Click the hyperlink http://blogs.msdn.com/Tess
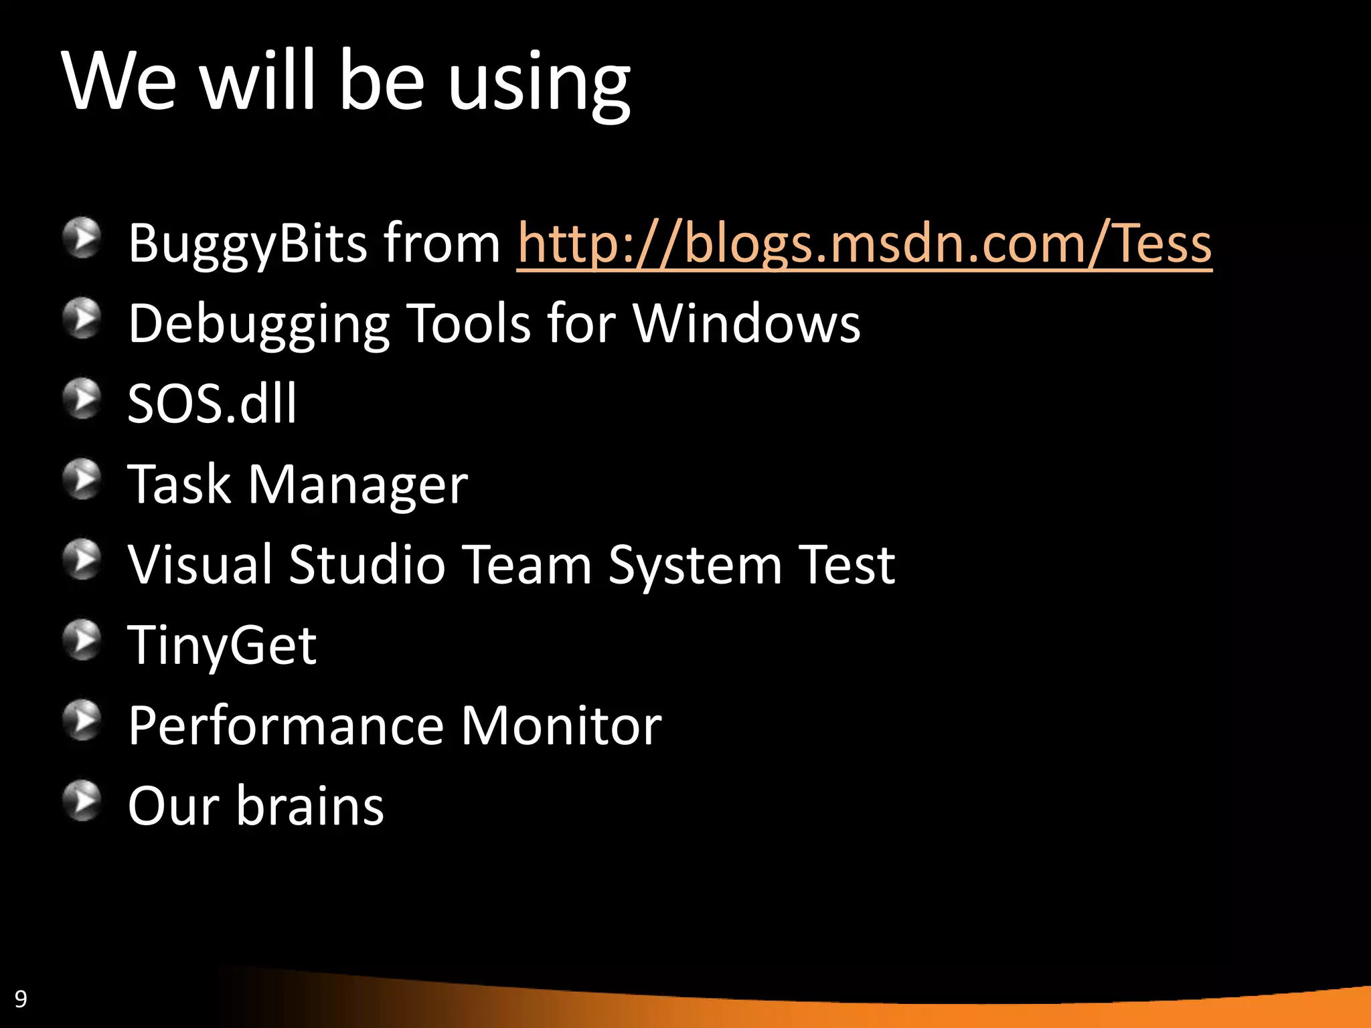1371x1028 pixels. (864, 244)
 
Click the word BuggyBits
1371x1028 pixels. (248, 244)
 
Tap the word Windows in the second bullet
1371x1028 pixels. (746, 324)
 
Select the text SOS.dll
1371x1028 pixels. (212, 404)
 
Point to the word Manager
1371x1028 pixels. (358, 485)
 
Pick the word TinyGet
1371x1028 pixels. (222, 646)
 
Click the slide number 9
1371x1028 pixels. (21, 999)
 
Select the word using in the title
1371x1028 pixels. (539, 84)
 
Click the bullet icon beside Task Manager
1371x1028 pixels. (82, 479)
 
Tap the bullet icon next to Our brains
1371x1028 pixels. (82, 800)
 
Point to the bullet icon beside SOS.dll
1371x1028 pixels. (82, 399)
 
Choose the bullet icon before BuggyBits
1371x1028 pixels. (82, 238)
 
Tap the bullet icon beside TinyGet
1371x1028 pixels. (82, 640)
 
